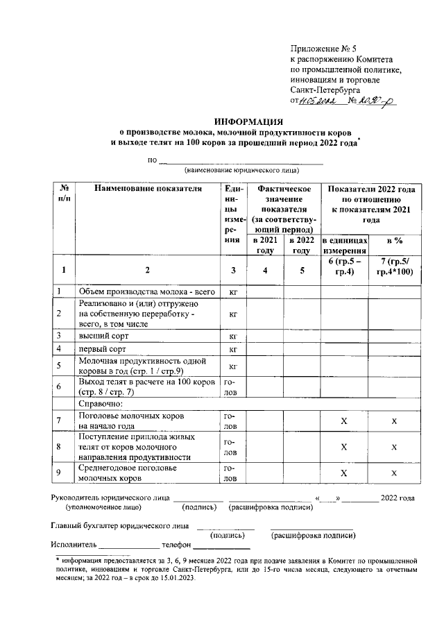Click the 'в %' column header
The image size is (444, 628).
click(394, 241)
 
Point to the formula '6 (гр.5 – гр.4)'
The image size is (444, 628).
click(344, 265)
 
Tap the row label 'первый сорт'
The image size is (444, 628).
click(102, 349)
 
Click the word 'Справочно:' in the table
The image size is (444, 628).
click(101, 403)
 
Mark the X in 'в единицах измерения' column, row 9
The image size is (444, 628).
click(344, 473)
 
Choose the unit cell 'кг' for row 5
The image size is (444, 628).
click(233, 366)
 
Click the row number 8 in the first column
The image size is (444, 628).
click(60, 448)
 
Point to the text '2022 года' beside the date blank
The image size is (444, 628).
click(398, 498)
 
